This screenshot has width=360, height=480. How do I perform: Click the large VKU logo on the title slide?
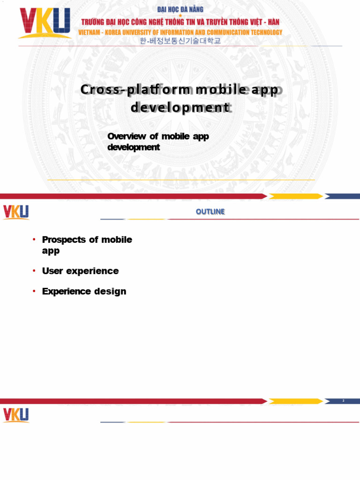coord(45,23)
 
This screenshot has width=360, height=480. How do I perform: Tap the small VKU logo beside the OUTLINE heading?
coord(16,212)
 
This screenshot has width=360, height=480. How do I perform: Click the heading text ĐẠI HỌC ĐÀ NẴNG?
coord(180,9)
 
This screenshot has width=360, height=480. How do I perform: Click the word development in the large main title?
coord(180,108)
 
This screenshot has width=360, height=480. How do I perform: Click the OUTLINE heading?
coord(210,212)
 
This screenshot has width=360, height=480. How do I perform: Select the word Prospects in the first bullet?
coord(64,240)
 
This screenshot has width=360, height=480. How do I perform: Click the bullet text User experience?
coord(80,271)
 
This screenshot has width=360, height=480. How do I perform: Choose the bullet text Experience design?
coord(84,292)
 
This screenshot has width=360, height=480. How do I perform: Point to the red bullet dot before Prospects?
coord(34,240)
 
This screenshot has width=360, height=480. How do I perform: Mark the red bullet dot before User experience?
coord(34,271)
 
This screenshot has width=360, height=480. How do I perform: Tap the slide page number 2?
coord(344,401)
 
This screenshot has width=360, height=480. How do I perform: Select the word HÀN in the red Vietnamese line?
coord(272,22)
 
